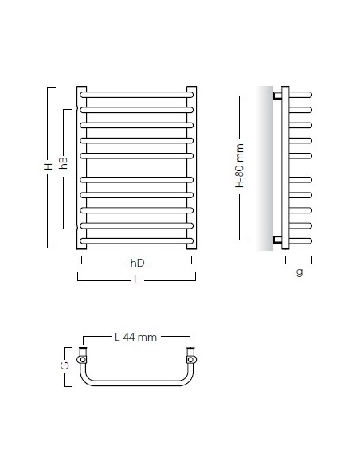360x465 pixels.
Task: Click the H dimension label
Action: (48, 166)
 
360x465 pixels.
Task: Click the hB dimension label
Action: (64, 162)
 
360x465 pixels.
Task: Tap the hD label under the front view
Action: (137, 263)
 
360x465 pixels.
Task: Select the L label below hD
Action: (136, 279)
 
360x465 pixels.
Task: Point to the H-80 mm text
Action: (240, 166)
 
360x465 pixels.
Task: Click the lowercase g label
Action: (299, 272)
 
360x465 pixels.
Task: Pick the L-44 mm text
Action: (135, 337)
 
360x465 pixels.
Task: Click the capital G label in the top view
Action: (65, 365)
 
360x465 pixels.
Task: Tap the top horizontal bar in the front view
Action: (137, 95)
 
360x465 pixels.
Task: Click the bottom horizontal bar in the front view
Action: (137, 240)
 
